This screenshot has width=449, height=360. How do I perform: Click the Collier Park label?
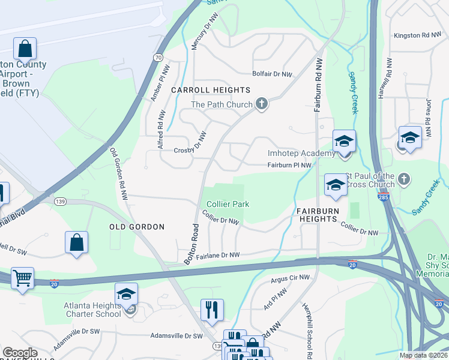tap(228, 204)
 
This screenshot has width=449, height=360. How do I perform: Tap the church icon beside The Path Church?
tap(261, 104)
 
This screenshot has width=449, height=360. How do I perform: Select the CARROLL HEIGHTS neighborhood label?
tap(210, 90)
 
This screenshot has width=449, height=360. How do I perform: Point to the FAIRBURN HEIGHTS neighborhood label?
tap(317, 215)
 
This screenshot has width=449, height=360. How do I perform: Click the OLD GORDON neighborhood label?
tap(137, 227)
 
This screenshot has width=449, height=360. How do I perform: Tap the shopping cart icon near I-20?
tap(23, 278)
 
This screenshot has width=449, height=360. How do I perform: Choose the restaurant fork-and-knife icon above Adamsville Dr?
tap(212, 310)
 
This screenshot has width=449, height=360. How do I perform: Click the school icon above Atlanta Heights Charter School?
tap(126, 294)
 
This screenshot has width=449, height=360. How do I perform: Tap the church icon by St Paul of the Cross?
tap(404, 178)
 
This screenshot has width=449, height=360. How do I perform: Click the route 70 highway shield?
tap(157, 58)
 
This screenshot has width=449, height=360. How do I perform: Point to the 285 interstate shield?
tap(382, 197)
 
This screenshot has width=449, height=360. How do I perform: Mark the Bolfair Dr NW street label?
tap(272, 74)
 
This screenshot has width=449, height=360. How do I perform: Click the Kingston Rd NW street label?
tap(417, 35)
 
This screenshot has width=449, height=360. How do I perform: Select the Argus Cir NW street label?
tap(291, 278)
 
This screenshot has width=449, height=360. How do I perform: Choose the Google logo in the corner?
tap(20, 353)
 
